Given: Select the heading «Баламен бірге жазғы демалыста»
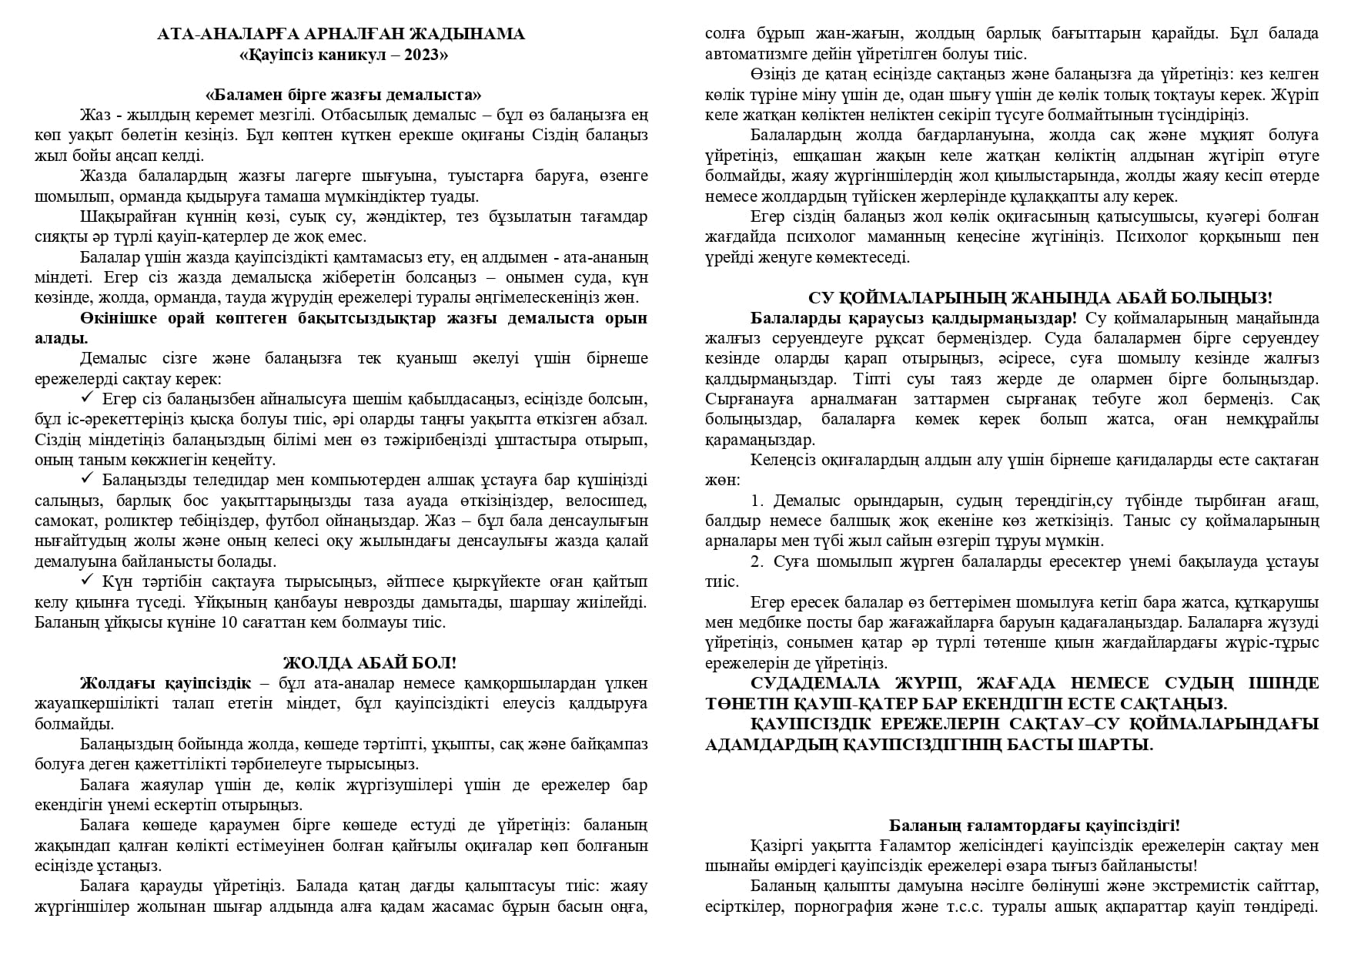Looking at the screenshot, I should click(x=343, y=95).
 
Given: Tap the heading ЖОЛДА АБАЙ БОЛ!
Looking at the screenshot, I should click(x=370, y=663).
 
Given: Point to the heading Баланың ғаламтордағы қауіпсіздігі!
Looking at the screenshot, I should click(x=1035, y=825).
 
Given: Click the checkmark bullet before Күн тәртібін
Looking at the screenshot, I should click(x=87, y=580).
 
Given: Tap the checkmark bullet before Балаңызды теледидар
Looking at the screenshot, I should click(x=87, y=479).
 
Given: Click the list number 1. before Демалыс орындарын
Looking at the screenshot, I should click(x=757, y=501).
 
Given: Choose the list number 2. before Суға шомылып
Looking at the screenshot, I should click(x=757, y=561).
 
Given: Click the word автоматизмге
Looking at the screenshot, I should click(x=751, y=54).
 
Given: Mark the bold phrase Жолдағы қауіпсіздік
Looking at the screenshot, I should click(x=165, y=683).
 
